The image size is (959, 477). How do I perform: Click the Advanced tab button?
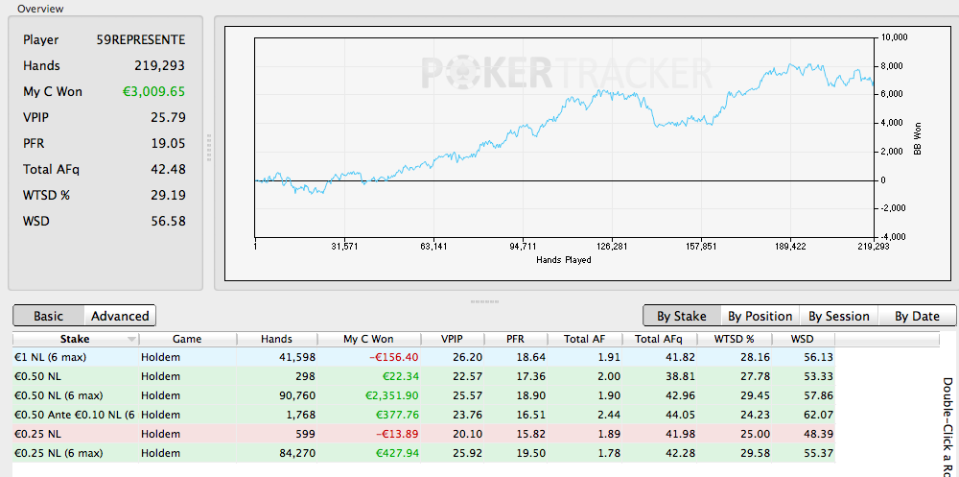point(120,316)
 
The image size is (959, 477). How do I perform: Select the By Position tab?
point(760,316)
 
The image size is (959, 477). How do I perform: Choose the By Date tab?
point(917,316)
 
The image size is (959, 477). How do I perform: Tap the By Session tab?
point(839,316)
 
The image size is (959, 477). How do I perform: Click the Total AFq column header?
point(658,339)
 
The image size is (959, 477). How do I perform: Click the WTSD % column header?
point(734,339)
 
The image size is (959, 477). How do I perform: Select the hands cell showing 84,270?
point(295,454)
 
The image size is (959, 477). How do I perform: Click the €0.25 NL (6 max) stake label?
point(58,454)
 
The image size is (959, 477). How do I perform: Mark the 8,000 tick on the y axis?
point(894,66)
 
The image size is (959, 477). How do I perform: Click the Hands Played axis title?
point(563,260)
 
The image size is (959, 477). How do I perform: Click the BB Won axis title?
point(918,138)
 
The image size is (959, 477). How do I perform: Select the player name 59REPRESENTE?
point(141,39)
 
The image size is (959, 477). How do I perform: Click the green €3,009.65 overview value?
point(152,92)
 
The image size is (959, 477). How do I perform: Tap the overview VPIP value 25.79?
point(168,117)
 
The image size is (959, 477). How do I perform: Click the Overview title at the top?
point(40,9)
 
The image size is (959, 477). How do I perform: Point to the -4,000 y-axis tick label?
point(892,237)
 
